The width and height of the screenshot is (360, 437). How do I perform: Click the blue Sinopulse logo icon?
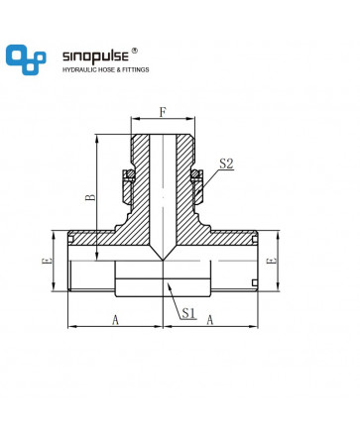tap(26, 59)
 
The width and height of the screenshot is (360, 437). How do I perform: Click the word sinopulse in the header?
tap(95, 56)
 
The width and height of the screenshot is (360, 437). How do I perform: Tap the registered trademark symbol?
tap(135, 51)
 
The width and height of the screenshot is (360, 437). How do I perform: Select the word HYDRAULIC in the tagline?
tap(77, 69)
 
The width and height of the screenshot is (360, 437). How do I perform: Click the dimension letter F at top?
tap(163, 112)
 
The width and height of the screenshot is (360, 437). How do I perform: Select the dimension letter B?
tap(90, 197)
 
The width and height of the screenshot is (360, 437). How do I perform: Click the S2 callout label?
tap(226, 164)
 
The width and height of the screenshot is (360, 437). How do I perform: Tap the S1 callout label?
tap(188, 312)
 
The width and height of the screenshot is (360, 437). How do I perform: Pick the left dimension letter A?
tap(115, 320)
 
